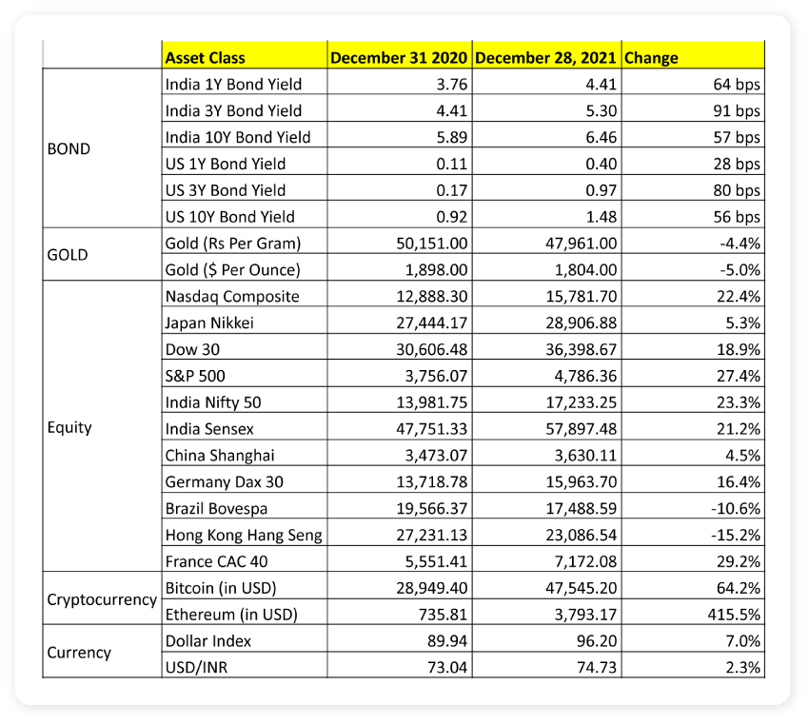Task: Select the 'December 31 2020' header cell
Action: [399, 57]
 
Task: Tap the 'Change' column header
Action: [651, 57]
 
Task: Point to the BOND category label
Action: [69, 148]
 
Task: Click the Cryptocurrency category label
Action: [102, 600]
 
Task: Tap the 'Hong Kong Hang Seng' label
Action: [244, 535]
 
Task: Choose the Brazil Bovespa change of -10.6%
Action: [737, 508]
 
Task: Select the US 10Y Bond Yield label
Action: [230, 216]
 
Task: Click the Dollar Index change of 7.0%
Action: [742, 641]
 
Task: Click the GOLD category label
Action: [68, 255]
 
